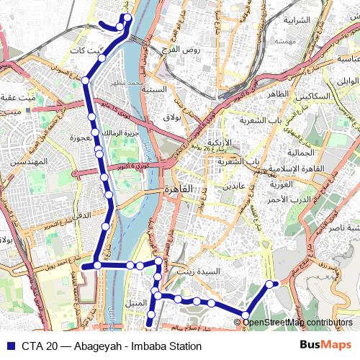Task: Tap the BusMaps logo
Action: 325,346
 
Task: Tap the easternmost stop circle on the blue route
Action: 271,284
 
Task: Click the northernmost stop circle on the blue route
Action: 127,17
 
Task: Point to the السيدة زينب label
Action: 219,272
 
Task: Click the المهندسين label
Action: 29,162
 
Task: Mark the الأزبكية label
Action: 220,143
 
